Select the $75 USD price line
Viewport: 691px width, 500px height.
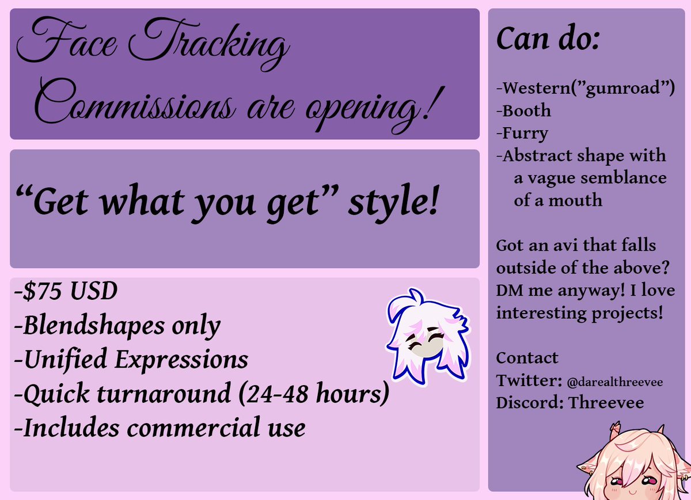click(66, 292)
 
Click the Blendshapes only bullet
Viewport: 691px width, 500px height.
click(117, 326)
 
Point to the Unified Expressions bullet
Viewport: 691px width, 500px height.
click(131, 360)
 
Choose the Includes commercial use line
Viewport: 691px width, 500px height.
click(160, 428)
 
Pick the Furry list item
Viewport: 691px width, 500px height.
click(522, 133)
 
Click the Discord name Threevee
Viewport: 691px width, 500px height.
click(606, 403)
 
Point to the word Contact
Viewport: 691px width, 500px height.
click(527, 358)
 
